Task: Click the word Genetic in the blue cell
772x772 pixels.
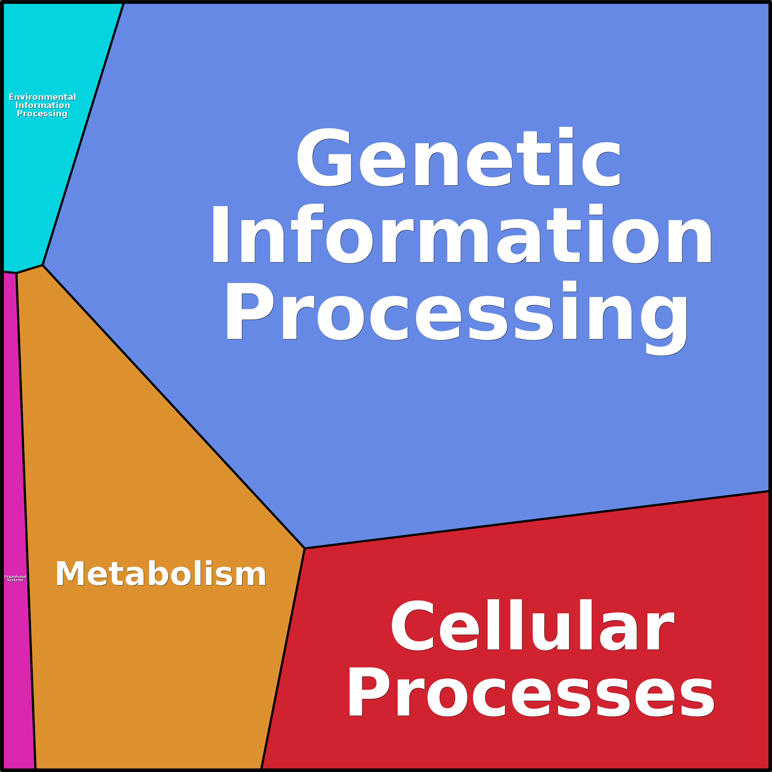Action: point(459,158)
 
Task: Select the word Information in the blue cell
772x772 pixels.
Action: point(462,235)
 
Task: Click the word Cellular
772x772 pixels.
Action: point(533,626)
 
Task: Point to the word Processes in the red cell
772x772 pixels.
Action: point(531,694)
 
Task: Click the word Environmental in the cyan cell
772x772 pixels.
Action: point(42,97)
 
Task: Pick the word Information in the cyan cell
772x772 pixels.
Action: point(43,105)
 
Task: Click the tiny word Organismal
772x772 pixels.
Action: point(15,577)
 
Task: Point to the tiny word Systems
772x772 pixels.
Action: point(15,580)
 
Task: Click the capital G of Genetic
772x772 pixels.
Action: point(325,158)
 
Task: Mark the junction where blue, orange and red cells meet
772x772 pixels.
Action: point(305,549)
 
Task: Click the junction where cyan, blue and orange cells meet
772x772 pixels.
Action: point(43,265)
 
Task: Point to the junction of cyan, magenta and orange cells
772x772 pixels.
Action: point(16,273)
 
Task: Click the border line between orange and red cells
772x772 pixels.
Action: point(283,659)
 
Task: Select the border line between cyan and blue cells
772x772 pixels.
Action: point(83,134)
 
